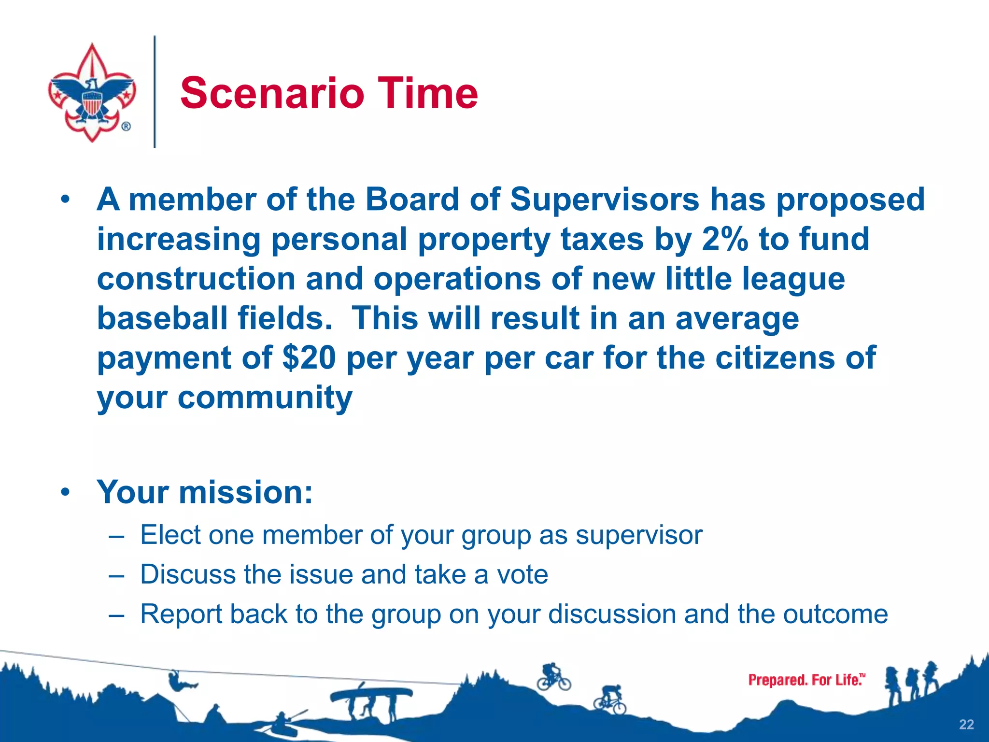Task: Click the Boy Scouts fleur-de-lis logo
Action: tap(92, 92)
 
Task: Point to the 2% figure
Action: tap(724, 239)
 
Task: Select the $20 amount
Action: tap(309, 358)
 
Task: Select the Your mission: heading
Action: tap(205, 492)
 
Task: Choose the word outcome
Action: tap(835, 614)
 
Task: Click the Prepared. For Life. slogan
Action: tap(806, 680)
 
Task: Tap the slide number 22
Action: tap(966, 724)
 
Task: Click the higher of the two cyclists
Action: tap(553, 676)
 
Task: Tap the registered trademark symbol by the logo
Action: tap(126, 127)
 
